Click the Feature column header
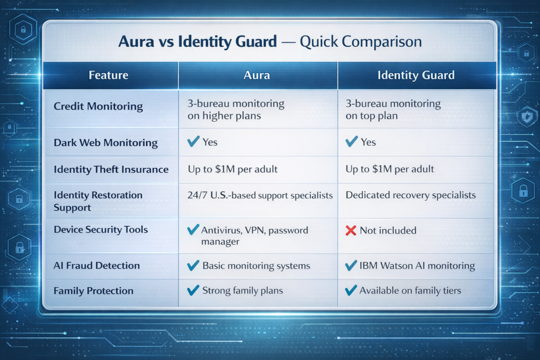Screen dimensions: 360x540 tap(108, 75)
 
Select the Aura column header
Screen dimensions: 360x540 tap(257, 75)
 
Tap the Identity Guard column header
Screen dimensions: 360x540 tap(416, 75)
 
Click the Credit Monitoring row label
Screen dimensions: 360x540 tap(98, 106)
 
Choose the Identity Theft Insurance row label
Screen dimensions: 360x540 tap(111, 169)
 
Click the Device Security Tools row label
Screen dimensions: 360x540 tap(101, 229)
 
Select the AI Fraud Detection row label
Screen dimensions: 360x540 tap(97, 265)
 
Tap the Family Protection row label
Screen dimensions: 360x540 tap(93, 290)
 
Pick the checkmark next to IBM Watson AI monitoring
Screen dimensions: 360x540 tap(350, 265)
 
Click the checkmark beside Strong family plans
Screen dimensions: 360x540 tap(193, 290)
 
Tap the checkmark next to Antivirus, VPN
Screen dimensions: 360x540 tap(193, 230)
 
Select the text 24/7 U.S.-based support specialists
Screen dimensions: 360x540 tap(260, 195)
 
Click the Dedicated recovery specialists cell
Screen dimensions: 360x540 tap(410, 195)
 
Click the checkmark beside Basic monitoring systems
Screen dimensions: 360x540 tap(193, 265)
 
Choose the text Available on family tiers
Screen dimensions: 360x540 tap(410, 290)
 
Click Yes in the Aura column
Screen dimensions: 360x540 tap(210, 142)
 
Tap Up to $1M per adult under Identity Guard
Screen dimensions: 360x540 tap(390, 169)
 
